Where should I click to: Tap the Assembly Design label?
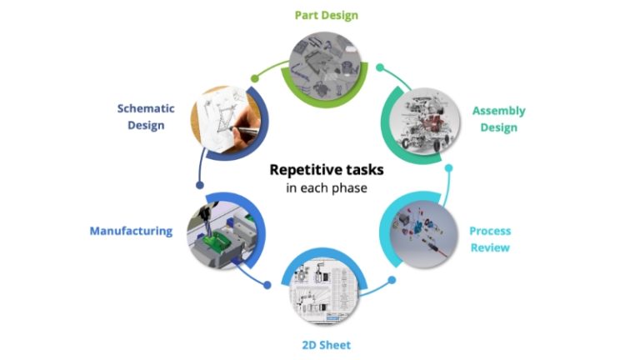tap(498, 119)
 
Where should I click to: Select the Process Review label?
tap(489, 239)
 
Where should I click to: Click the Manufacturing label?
tap(131, 231)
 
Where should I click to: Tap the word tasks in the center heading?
tap(365, 169)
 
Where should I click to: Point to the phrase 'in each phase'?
tap(326, 187)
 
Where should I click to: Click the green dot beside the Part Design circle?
tap(255, 77)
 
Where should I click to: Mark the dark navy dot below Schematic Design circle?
tap(198, 185)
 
